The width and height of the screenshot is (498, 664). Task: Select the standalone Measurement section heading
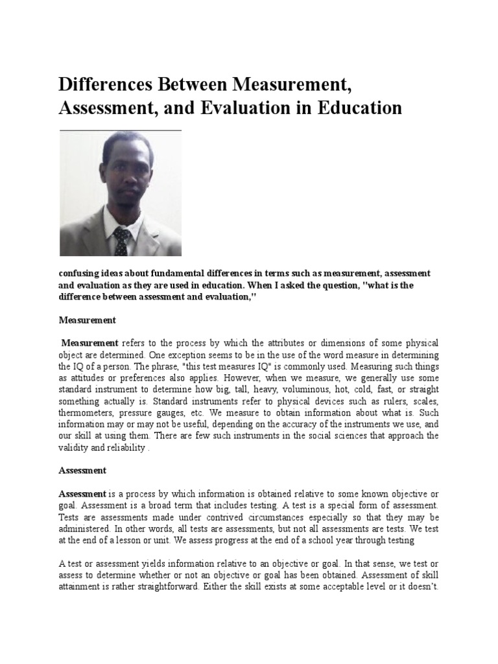(87, 320)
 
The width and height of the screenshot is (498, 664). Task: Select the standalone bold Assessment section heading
(82, 470)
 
